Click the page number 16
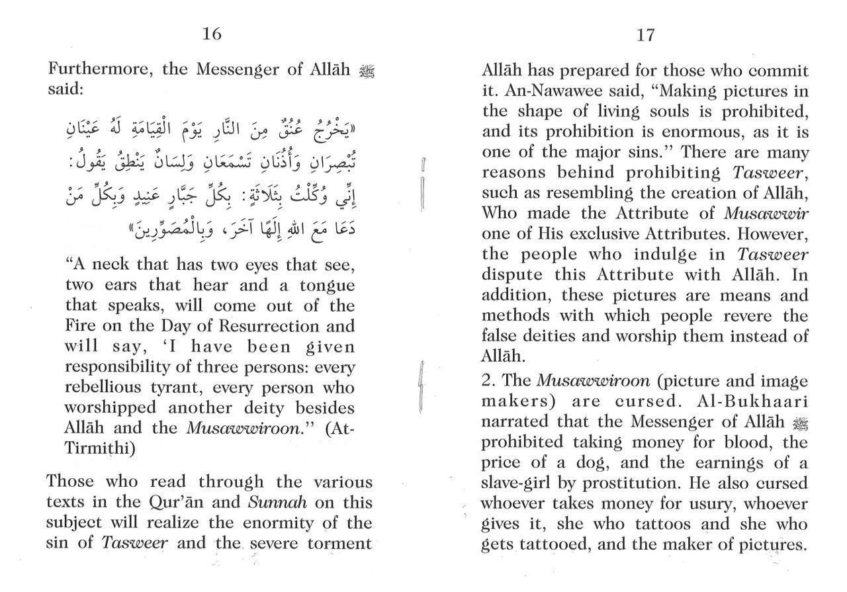pyautogui.click(x=212, y=34)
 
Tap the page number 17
pyautogui.click(x=645, y=35)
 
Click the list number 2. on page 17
pyautogui.click(x=490, y=382)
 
